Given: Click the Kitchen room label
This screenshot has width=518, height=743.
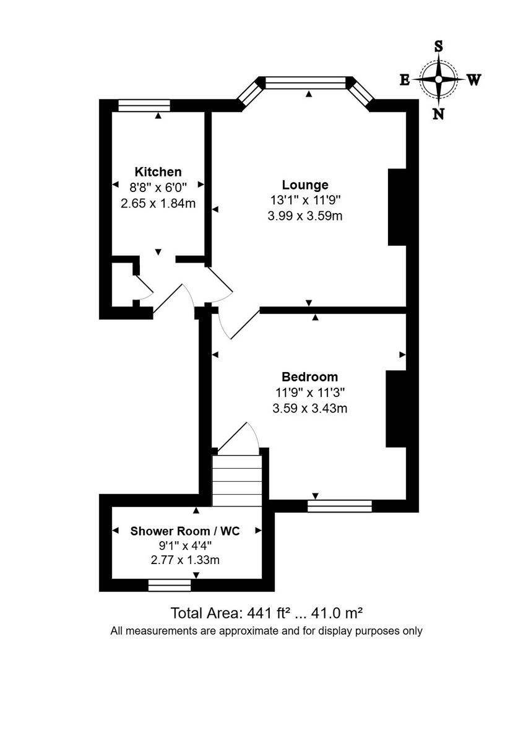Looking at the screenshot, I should coord(158,172).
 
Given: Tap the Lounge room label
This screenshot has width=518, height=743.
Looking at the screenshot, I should coord(304,185).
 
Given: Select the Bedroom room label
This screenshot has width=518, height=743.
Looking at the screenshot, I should coord(309,376).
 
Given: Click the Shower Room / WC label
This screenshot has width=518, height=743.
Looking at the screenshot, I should coord(185,531).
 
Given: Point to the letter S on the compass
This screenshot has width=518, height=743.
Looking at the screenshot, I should coord(439,46).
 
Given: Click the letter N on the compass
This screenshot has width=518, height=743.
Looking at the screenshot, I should coord(439,113).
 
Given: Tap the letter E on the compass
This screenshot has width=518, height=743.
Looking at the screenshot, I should coord(404,80).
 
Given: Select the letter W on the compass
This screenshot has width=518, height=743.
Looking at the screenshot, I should coord(473,80).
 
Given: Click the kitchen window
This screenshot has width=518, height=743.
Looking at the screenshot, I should coord(144,105).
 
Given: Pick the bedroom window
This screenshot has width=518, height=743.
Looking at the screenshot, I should coord(340,506).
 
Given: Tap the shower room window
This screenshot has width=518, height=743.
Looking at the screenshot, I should coord(170,585).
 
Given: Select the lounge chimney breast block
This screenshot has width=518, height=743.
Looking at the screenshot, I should coord(397,207).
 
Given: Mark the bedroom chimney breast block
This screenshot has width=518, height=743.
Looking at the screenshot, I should coord(395,409).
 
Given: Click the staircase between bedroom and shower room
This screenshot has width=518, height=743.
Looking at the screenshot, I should coord(237,480).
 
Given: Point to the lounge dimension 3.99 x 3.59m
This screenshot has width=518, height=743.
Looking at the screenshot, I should coord(304,216).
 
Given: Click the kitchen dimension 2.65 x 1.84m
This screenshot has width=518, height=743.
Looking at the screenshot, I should coord(158,203).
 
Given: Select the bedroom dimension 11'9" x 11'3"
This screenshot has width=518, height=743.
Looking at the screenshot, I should coord(309,392).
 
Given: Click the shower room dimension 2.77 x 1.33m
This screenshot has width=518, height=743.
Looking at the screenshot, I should coord(185,560).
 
